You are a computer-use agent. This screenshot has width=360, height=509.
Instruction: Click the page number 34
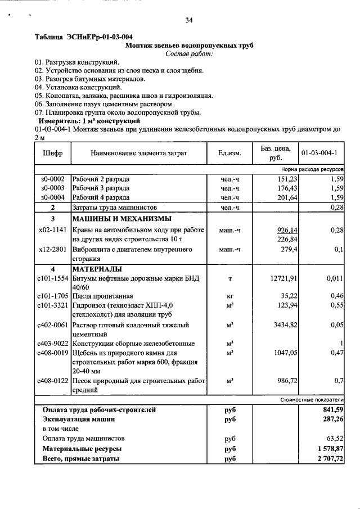point(189,21)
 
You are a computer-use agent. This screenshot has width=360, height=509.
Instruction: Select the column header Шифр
point(52,153)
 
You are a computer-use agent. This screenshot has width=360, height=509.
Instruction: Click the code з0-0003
point(52,188)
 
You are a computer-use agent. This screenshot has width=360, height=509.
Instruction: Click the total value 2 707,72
point(330,460)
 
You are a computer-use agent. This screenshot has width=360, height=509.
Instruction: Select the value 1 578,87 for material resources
point(330,449)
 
